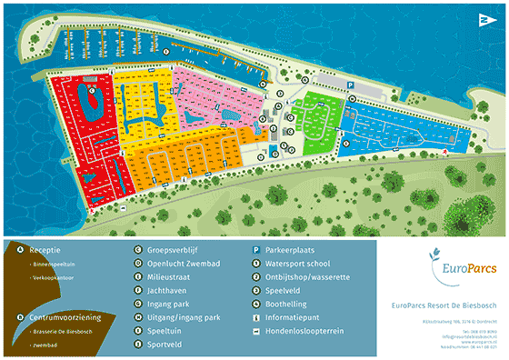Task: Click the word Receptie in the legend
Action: [46, 248]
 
